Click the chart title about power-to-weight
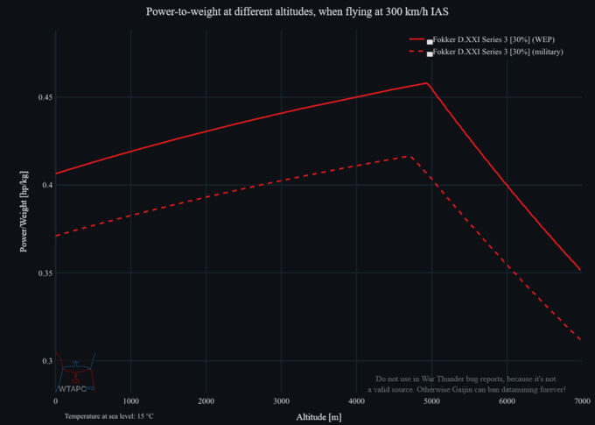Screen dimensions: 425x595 tap(297, 12)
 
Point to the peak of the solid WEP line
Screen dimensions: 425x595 tap(426, 83)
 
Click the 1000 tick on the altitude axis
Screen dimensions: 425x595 tap(130, 400)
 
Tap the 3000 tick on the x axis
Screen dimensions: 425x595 tap(281, 400)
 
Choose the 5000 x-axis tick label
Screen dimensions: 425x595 tap(431, 400)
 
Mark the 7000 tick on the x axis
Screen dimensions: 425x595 tap(581, 400)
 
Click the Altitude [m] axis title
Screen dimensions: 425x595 tap(318, 415)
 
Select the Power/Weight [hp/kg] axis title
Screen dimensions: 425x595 tap(24, 210)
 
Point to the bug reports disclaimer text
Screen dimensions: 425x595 tap(466, 383)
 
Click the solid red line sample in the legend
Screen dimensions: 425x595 tap(416, 40)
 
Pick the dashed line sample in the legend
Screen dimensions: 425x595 tap(416, 53)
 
